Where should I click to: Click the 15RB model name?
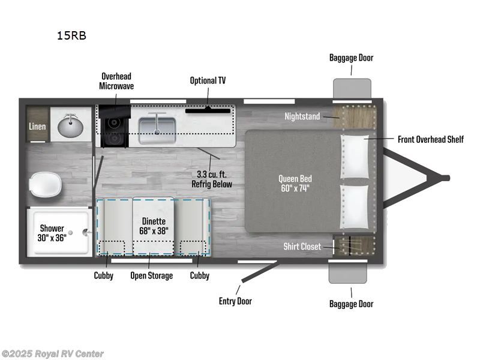pos(71,35)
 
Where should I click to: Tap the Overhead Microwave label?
pos(116,81)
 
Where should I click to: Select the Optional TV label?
pos(208,80)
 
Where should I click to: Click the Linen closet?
pos(37,126)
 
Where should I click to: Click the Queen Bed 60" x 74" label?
pos(295,183)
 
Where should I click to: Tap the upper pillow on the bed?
pos(354,156)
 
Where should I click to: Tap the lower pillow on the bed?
pos(354,206)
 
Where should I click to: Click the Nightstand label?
pos(302,116)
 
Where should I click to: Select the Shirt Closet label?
pos(302,247)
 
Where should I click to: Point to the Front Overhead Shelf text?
pos(431,139)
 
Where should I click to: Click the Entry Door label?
pos(235,301)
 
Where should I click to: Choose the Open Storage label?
pos(152,275)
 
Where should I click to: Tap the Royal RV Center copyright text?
pos(52,354)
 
